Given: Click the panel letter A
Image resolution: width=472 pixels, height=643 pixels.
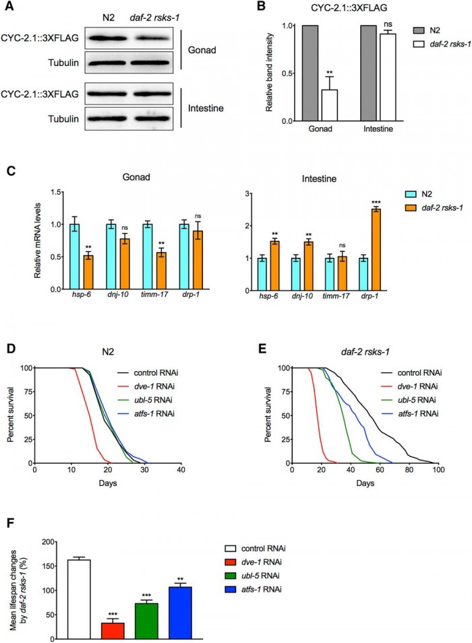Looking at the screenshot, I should pyautogui.click(x=9, y=7).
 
